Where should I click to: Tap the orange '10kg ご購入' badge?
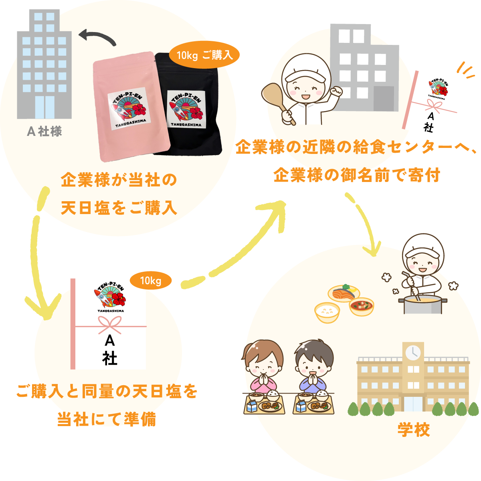click(x=204, y=55)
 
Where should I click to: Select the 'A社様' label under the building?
click(x=44, y=131)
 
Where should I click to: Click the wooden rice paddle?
click(x=277, y=98)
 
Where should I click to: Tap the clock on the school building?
click(x=412, y=352)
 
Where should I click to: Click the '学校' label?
click(x=414, y=430)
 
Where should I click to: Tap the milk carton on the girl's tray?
click(x=251, y=406)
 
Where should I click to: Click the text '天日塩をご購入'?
click(x=119, y=208)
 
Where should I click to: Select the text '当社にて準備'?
click(x=107, y=419)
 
